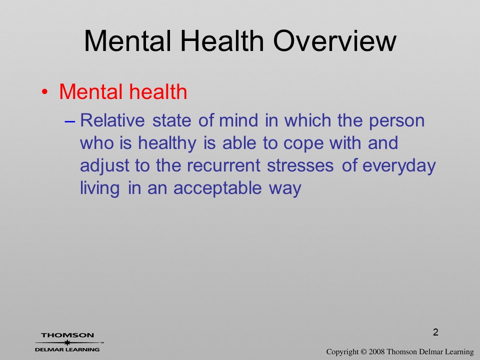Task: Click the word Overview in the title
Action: click(335, 41)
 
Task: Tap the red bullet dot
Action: click(44, 92)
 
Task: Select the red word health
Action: click(157, 91)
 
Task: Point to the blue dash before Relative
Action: click(70, 121)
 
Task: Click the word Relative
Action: click(112, 120)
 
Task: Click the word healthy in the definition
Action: click(167, 143)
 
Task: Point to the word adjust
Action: click(104, 166)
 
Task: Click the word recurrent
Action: click(223, 166)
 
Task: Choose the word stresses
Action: click(300, 166)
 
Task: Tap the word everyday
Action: click(399, 166)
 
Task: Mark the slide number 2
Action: click(435, 332)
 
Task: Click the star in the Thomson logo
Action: click(67, 342)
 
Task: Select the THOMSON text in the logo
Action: click(67, 335)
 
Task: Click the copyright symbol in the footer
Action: click(363, 352)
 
